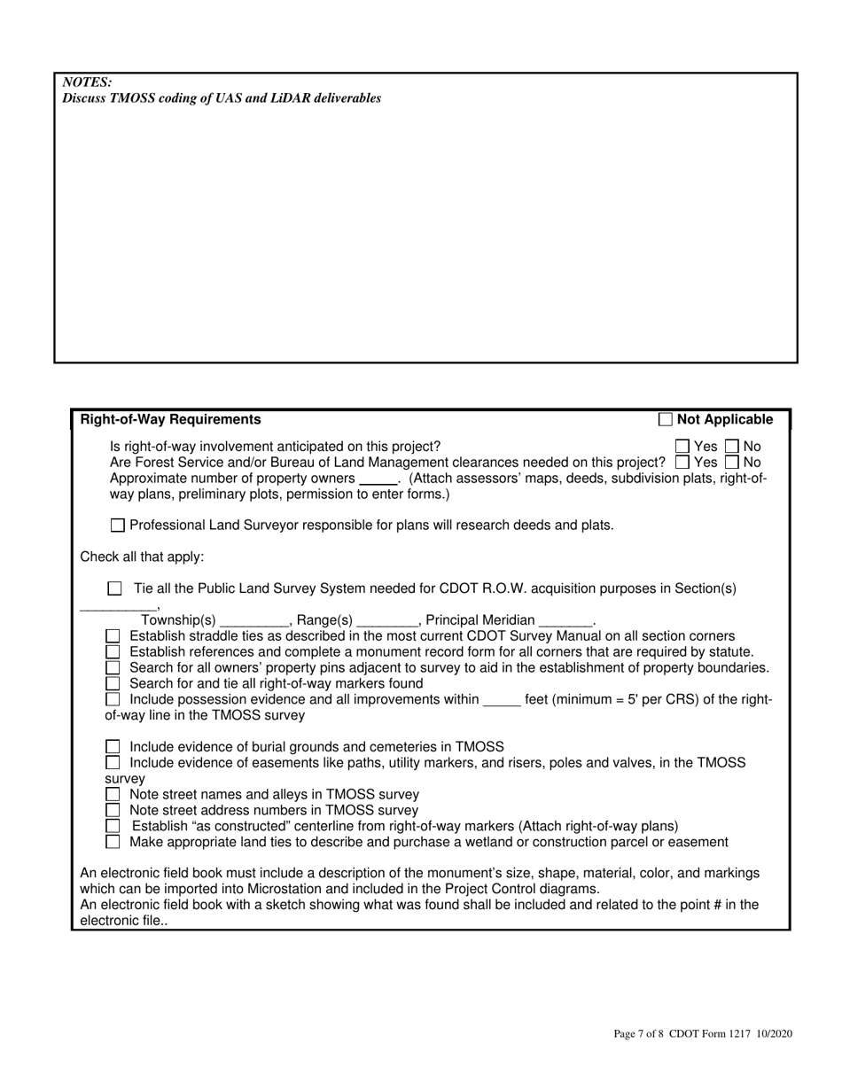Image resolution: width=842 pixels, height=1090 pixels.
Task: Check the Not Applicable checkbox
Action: click(666, 420)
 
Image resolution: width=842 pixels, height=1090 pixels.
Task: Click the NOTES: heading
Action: click(87, 82)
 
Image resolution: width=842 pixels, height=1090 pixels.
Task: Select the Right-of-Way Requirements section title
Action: click(171, 420)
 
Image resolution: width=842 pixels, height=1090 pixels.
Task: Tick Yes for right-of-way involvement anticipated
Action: click(682, 447)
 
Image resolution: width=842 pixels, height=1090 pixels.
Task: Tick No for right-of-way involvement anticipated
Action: click(732, 447)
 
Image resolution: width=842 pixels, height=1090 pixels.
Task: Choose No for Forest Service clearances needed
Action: click(732, 463)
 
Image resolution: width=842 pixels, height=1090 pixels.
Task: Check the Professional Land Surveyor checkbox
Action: click(118, 526)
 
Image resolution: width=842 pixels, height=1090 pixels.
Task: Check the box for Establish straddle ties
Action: click(113, 637)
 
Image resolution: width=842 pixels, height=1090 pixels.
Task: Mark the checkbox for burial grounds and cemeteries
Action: click(113, 747)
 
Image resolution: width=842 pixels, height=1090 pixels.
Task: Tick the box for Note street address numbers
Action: click(113, 811)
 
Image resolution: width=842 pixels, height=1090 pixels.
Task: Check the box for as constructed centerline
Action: click(113, 827)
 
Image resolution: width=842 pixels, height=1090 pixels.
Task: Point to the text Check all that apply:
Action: click(142, 557)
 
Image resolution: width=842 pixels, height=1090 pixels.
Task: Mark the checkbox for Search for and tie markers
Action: click(113, 684)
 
